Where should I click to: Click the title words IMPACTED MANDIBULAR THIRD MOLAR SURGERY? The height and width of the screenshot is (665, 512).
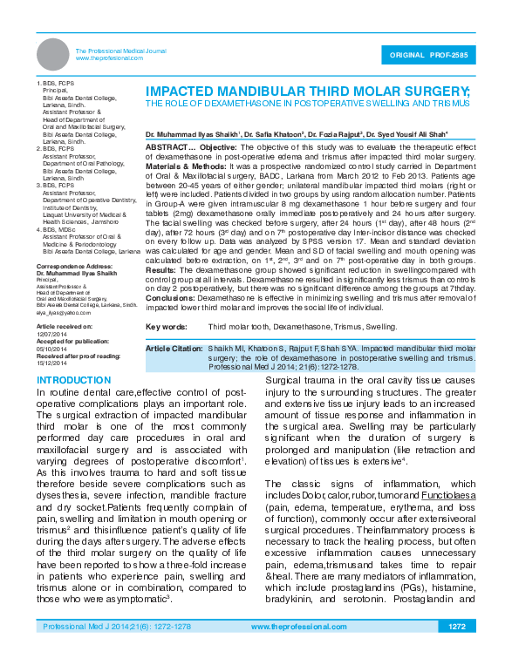307,91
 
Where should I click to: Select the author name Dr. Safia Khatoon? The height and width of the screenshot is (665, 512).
272,134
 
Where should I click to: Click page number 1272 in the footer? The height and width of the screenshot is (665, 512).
457,627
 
